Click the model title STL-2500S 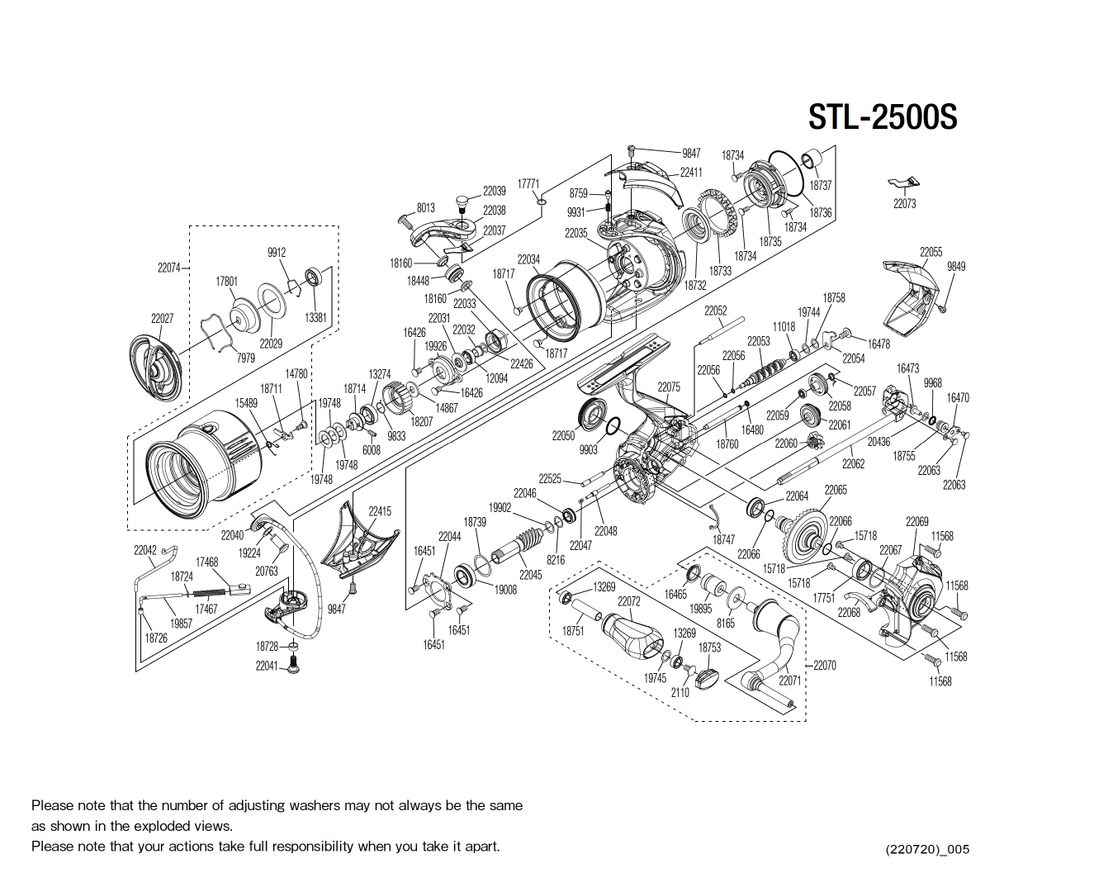[882, 117]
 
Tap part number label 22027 [162, 319]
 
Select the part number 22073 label [904, 204]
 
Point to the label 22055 [931, 252]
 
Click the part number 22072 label [629, 601]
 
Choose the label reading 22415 [380, 511]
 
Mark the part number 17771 [528, 184]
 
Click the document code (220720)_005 [927, 849]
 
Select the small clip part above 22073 [903, 183]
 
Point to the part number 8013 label [426, 208]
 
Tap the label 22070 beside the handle [824, 665]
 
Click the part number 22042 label [145, 550]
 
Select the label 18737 [820, 186]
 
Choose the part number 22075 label [669, 387]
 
